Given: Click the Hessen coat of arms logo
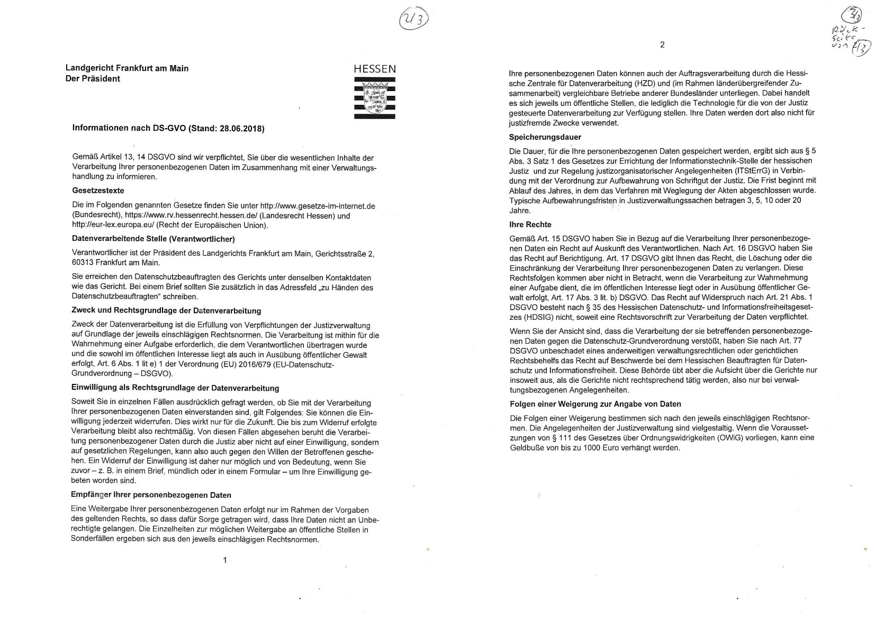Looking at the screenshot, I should (375, 97).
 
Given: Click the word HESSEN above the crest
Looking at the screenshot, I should (375, 69).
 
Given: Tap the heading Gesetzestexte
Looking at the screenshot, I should (98, 191).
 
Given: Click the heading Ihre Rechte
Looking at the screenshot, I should (530, 225).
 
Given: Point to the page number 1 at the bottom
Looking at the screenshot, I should (225, 560).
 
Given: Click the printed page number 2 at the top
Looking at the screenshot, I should (662, 45).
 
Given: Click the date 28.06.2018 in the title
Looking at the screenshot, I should (242, 129).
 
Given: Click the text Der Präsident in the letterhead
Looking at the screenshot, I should (93, 79).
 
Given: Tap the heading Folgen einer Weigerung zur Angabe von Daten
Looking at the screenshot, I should (594, 404).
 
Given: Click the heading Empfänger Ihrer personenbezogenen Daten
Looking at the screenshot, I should (151, 495).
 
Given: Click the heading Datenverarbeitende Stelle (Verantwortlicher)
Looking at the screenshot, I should (153, 239).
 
